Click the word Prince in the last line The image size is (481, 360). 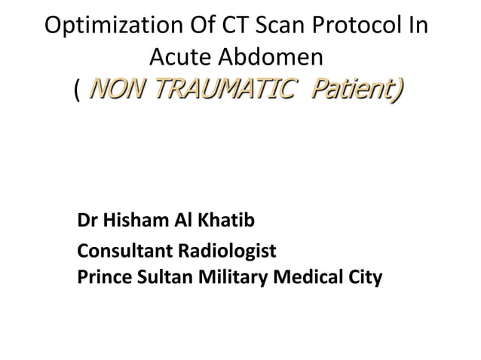(102, 278)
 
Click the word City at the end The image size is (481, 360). (364, 278)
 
